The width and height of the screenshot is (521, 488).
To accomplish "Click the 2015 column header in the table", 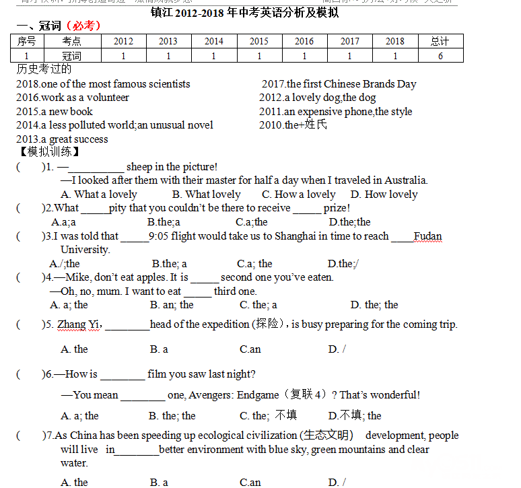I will (258, 41).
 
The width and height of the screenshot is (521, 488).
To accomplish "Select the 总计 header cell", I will (440, 41).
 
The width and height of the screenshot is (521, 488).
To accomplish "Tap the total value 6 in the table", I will (440, 56).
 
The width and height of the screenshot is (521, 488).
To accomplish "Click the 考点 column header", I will (71, 41).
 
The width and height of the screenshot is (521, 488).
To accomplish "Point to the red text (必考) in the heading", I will (82, 26).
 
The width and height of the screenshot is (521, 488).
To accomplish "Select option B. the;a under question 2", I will (164, 222).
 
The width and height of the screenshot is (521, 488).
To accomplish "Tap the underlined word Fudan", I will (427, 236).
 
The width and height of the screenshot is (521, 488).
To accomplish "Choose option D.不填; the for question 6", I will (355, 415).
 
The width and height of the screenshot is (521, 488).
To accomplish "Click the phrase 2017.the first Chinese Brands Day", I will (339, 84).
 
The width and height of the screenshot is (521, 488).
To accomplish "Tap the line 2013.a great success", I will (62, 139).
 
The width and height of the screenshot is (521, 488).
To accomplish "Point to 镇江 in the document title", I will (162, 12).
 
